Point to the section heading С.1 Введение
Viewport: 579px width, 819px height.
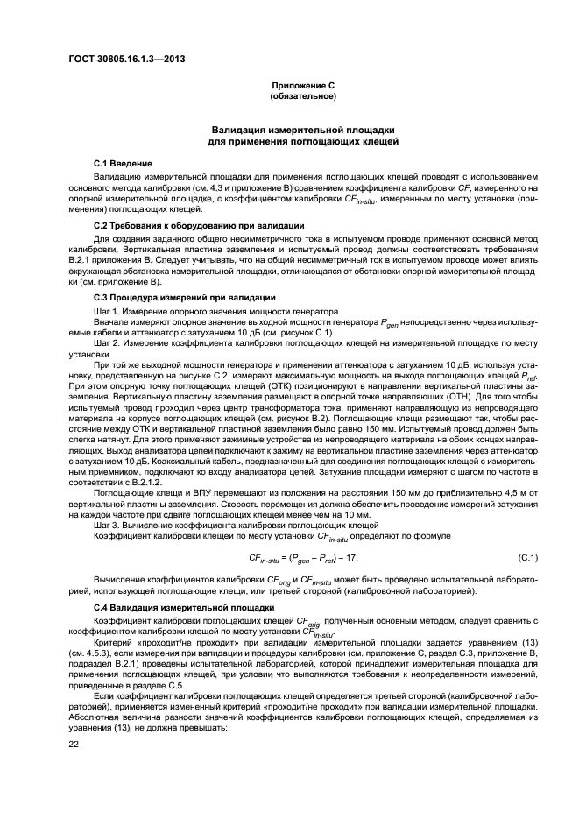tap(123, 164)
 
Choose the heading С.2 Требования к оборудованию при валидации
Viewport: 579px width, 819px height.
tap(187, 227)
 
